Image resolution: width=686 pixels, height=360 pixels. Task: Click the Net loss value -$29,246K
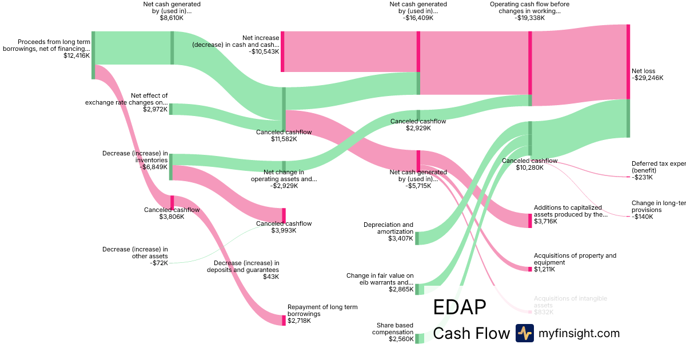pos(647,78)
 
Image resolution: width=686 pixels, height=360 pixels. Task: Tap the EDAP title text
pos(460,307)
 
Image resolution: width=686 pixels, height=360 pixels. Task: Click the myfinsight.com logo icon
pos(524,333)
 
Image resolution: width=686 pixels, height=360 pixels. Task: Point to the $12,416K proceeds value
pos(77,56)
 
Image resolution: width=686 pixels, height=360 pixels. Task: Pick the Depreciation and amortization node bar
pos(417,238)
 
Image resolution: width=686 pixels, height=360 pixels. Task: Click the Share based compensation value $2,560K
pos(400,339)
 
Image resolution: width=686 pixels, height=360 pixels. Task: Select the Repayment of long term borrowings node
pos(284,320)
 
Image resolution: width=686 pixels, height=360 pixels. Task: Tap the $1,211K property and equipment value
pos(544,269)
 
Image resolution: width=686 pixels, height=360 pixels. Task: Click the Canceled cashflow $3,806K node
pos(171,203)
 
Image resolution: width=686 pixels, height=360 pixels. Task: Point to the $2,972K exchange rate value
pos(155,109)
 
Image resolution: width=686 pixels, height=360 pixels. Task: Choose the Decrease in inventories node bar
pos(170,167)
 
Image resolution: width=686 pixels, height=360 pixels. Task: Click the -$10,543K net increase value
pos(264,51)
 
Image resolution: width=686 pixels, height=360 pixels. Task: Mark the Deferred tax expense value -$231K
pos(642,177)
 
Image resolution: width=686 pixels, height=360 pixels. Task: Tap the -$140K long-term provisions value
pos(642,217)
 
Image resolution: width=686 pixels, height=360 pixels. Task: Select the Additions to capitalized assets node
pos(530,221)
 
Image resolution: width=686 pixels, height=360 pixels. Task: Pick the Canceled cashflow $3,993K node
pos(284,215)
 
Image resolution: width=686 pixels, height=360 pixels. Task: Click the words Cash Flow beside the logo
pos(471,333)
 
